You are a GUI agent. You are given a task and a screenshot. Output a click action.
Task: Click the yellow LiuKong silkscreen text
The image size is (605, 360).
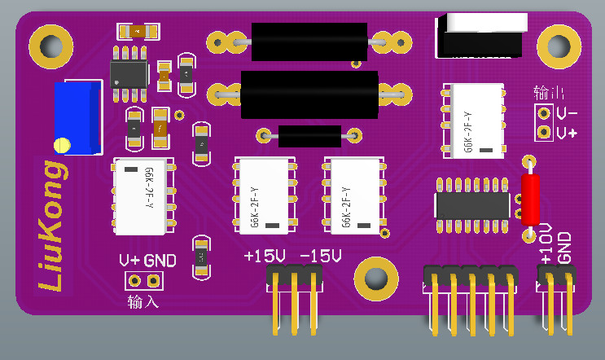[52, 226]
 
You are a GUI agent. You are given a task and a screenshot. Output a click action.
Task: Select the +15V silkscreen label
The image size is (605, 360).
[265, 257]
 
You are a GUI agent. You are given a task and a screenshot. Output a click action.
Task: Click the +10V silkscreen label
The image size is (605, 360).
[546, 243]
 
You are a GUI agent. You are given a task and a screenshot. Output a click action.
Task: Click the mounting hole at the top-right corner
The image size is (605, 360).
[559, 46]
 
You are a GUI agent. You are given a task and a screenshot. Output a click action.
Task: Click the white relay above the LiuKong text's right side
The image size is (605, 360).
[142, 196]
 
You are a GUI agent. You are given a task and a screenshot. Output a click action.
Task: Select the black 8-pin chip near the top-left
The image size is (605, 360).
[129, 72]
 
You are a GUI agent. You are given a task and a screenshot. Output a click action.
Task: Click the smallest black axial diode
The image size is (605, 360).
[309, 135]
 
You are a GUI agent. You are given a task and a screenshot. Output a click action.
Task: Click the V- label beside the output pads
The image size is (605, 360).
[568, 112]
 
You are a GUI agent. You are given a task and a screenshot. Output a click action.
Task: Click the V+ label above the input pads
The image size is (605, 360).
[129, 261]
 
